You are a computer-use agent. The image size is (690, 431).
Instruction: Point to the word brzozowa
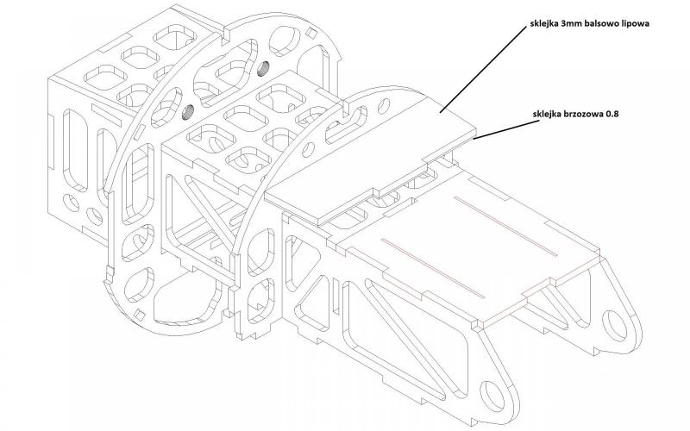click(x=586, y=112)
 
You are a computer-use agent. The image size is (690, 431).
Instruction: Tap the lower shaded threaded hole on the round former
click(x=186, y=109)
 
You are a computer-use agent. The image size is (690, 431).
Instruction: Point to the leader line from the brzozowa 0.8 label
click(x=500, y=127)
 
